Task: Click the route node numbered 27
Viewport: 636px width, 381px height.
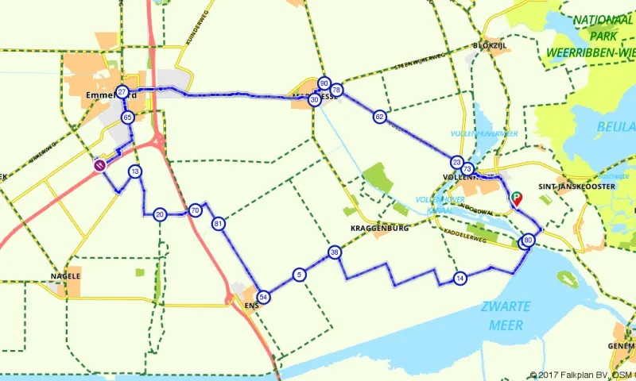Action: pos(122,92)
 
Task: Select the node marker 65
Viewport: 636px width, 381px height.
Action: pos(127,117)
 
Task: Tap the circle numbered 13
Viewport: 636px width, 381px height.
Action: pos(136,171)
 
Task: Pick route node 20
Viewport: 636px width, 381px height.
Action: pos(160,214)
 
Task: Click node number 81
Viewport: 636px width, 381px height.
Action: pos(219,225)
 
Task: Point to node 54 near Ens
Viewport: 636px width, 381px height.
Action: pos(264,296)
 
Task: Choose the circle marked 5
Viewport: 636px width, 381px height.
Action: pos(299,275)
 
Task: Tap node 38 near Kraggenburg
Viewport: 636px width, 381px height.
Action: pos(335,252)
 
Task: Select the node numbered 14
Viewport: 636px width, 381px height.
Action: pos(460,278)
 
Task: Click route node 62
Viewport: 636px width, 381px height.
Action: pos(379,117)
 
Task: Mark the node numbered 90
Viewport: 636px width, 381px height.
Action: pos(324,83)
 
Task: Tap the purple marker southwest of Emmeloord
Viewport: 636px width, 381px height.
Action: pos(100,166)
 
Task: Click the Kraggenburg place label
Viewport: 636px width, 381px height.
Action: pos(378,229)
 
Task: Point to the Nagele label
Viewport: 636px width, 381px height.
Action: pos(65,275)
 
